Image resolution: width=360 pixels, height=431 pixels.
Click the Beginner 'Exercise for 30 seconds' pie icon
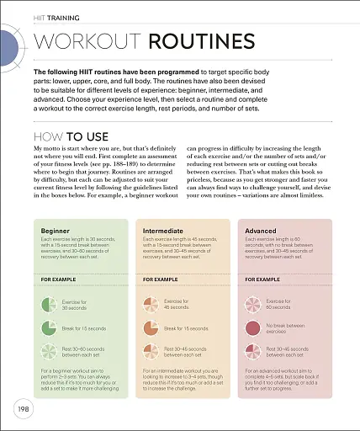click(x=49, y=304)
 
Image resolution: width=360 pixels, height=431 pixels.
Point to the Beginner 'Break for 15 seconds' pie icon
click(x=49, y=327)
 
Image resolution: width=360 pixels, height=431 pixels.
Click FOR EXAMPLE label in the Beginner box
click(x=58, y=278)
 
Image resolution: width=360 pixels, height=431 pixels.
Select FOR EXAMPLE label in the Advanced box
click(x=262, y=278)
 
